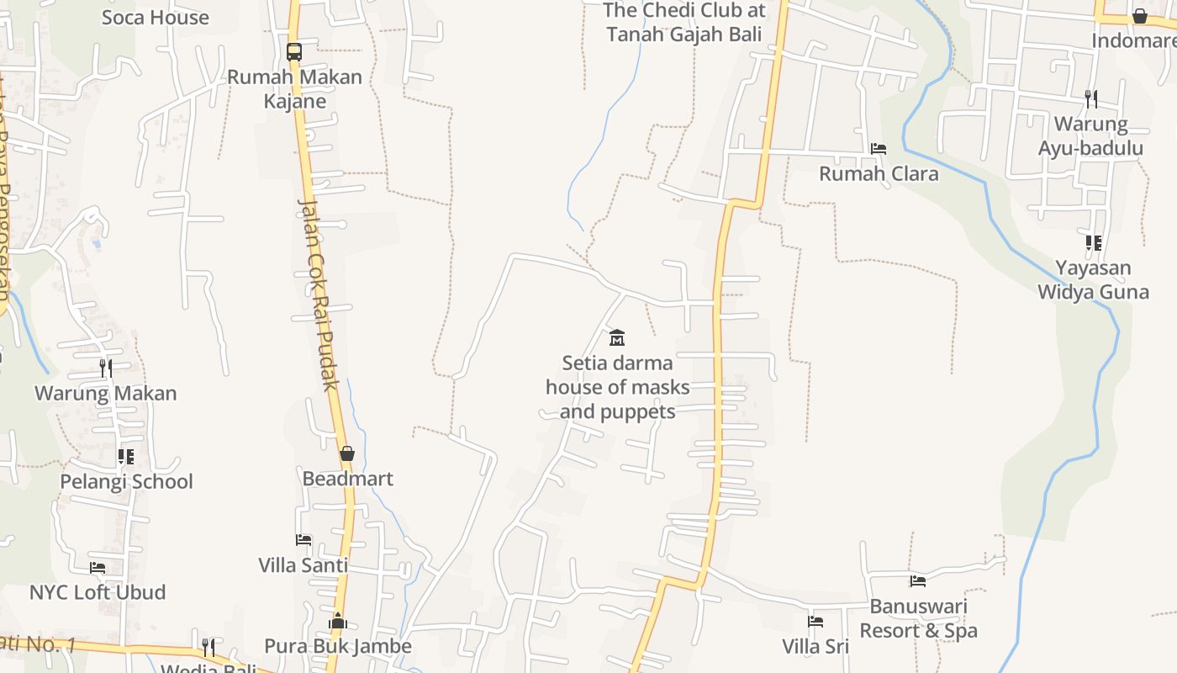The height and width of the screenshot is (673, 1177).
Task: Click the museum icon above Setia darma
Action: (617, 337)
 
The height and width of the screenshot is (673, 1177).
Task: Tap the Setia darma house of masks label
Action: (618, 387)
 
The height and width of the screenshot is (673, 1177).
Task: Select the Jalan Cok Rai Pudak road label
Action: (319, 294)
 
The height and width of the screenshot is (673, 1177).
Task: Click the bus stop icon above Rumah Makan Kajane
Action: (293, 51)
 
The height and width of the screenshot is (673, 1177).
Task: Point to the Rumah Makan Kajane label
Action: (294, 88)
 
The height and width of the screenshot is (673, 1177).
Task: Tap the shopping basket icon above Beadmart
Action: (346, 453)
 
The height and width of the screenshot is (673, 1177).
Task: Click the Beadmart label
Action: (347, 479)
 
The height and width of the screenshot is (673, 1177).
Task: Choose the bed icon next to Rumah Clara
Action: (879, 148)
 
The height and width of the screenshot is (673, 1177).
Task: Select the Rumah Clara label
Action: (879, 173)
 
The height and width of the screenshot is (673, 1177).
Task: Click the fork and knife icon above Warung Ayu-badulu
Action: (1090, 98)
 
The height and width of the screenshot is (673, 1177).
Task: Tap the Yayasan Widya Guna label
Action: (1093, 280)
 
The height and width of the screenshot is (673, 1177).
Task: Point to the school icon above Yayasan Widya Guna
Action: (1093, 243)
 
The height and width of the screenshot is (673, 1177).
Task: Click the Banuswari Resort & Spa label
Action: (918, 618)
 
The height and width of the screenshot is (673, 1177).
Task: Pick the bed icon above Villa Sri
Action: (815, 622)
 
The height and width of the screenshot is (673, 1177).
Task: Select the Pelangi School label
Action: (126, 481)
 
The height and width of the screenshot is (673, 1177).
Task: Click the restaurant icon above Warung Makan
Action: (105, 368)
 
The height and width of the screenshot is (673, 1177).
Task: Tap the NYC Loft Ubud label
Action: (98, 591)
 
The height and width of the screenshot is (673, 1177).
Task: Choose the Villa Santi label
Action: (303, 564)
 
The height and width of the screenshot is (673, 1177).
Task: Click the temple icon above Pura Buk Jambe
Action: (337, 621)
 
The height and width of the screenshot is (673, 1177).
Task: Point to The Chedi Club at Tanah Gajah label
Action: (684, 23)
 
